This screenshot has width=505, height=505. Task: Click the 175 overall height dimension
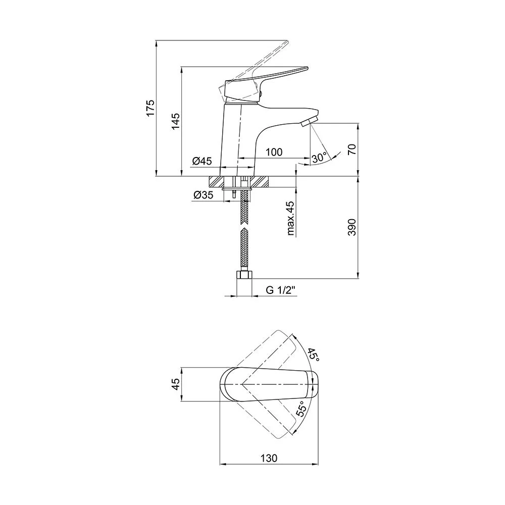[150, 108]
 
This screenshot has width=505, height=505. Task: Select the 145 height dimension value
[176, 121]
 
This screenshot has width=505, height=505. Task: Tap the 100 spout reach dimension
[274, 151]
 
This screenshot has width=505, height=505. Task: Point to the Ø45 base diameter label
[203, 161]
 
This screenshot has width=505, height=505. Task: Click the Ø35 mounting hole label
[203, 195]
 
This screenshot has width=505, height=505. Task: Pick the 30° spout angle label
[319, 158]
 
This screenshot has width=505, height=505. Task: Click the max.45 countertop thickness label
[290, 218]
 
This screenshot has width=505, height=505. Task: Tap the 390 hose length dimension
[352, 227]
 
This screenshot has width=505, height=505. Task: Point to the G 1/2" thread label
[280, 290]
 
